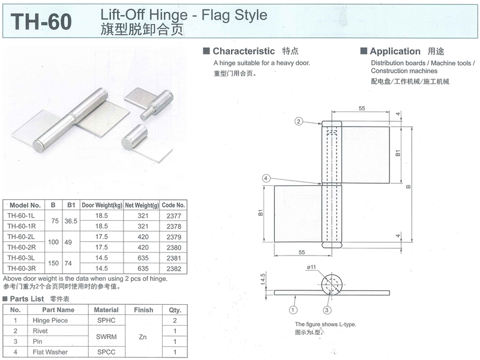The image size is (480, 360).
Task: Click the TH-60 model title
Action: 41,22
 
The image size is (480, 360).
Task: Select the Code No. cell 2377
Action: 173,216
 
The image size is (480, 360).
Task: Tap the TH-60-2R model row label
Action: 22,247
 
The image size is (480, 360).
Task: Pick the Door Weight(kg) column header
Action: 101,205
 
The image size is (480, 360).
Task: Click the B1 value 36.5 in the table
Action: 71,221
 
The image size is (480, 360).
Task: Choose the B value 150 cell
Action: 53,263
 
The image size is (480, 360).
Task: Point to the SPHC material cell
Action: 106,320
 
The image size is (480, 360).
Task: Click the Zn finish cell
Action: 143,337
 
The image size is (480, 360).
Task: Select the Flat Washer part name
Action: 50,352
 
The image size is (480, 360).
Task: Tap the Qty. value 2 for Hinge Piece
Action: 175,320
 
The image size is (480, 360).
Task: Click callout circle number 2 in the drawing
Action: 298,122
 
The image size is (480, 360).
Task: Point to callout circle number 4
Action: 266,178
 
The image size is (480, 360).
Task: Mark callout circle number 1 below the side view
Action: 293,310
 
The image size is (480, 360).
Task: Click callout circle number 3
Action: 327,310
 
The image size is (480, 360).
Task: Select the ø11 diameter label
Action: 311,267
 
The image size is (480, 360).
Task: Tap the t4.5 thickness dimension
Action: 263,279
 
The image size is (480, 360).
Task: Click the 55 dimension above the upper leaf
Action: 362,109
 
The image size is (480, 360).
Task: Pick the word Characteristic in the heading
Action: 244,51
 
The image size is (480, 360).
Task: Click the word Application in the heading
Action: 395,51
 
